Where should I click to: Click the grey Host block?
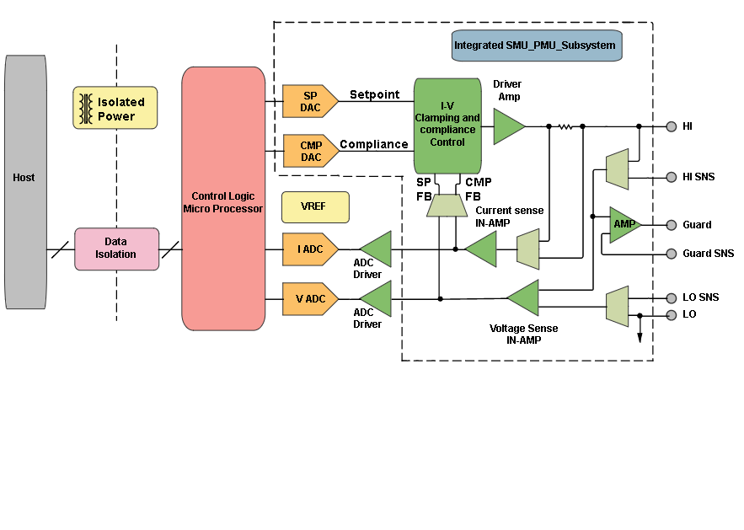[x=25, y=182]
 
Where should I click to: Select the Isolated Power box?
[x=115, y=108]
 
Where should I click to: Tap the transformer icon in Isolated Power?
[x=85, y=109]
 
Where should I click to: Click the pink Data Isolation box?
[x=116, y=249]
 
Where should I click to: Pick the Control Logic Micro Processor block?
[x=223, y=199]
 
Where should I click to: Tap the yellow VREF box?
[x=315, y=207]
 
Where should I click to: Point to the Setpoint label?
[x=375, y=94]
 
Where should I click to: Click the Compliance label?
[x=373, y=144]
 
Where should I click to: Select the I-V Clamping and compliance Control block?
[x=447, y=126]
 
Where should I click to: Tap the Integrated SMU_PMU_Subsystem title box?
[x=536, y=46]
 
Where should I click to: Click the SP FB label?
[x=424, y=190]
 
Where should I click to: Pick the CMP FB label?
[x=479, y=190]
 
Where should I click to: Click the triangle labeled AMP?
[x=624, y=224]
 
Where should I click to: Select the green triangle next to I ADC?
[x=378, y=249]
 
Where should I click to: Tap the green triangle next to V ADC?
[x=378, y=299]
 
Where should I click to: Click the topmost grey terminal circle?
[x=672, y=126]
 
